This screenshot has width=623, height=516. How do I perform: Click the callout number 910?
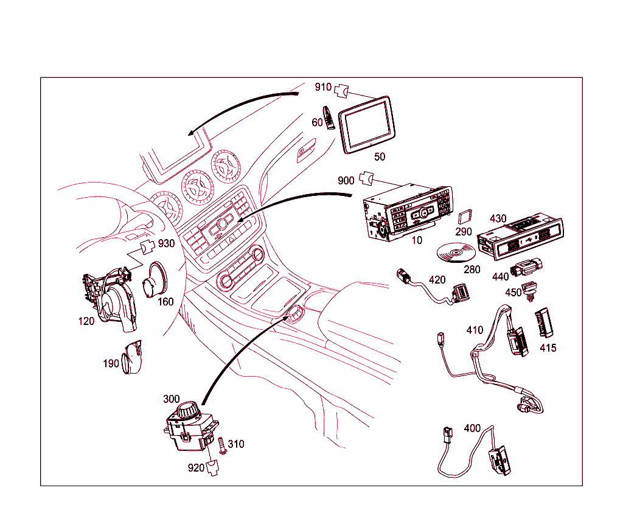(323, 87)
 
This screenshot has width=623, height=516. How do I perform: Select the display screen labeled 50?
(365, 124)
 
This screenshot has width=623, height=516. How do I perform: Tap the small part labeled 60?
(329, 117)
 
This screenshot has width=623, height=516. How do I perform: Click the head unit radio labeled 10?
(408, 213)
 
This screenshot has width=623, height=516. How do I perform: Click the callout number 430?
(498, 218)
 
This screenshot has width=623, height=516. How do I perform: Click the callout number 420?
(437, 280)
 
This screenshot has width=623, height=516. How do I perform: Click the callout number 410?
(475, 330)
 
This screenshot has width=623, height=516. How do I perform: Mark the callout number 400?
(472, 428)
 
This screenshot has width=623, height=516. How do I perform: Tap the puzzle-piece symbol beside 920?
(212, 469)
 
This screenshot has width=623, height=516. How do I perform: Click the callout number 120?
(86, 321)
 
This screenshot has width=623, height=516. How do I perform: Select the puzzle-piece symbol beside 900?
(366, 178)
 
